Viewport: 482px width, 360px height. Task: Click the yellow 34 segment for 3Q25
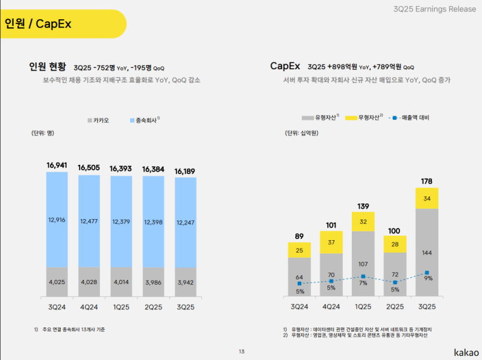pos(427,198)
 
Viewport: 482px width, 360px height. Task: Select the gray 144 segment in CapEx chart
pos(427,253)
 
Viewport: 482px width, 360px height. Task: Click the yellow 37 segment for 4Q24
pos(331,243)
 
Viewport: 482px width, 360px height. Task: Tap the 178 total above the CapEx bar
pos(427,181)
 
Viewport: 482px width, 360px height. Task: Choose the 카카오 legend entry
pos(99,120)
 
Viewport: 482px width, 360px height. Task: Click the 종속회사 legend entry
pos(144,120)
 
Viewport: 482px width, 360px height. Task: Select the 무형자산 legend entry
pos(365,117)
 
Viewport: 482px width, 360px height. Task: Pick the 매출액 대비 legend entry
pos(412,117)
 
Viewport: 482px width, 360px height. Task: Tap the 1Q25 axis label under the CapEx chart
pos(363,306)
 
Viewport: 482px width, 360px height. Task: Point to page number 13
pos(241,352)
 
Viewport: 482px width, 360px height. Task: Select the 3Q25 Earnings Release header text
pos(434,9)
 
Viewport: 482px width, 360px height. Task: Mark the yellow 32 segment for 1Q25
pos(363,221)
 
